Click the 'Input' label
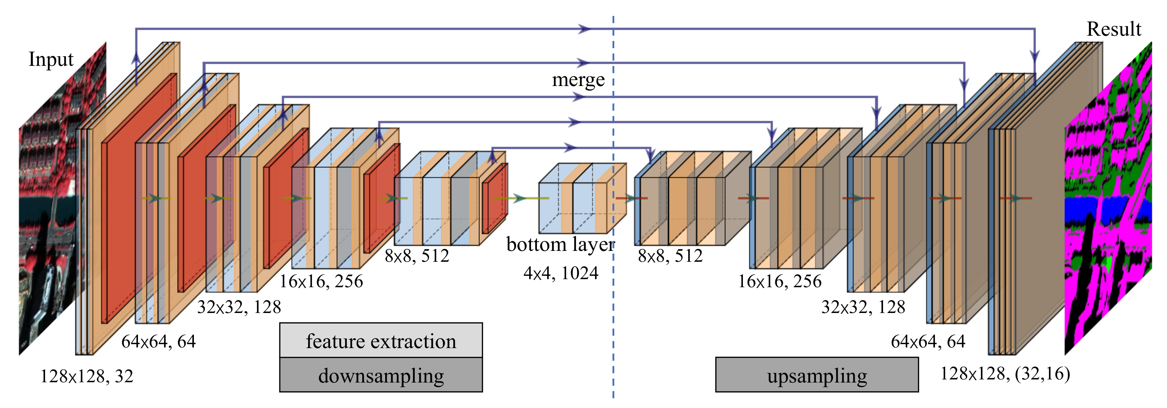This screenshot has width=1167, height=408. coord(51,59)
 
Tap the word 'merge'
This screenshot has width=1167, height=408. coord(578,80)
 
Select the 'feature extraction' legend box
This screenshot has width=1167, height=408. coord(381,341)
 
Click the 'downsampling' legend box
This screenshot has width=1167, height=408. coord(381,375)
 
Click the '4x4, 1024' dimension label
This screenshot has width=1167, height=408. coord(561,273)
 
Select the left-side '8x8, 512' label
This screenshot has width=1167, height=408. coord(417,256)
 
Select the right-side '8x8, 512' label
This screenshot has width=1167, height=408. coord(670,256)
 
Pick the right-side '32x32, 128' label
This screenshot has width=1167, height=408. coord(863,307)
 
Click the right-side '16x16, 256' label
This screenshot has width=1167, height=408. coord(779,282)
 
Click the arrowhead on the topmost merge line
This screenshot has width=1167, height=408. coord(584,29)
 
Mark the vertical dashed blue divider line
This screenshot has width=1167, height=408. coord(613,317)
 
